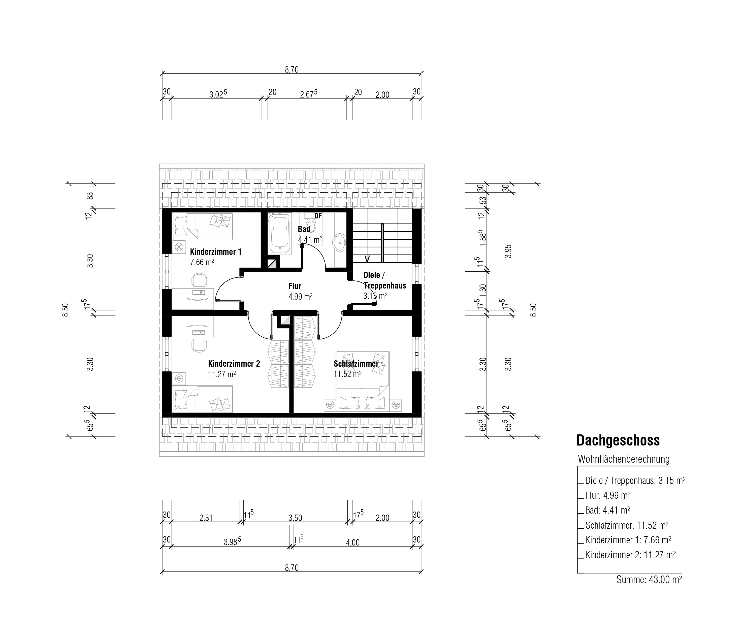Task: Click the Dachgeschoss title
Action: click(618, 440)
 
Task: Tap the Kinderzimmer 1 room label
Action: click(216, 252)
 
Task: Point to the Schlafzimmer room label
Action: click(356, 363)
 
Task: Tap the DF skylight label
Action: click(318, 216)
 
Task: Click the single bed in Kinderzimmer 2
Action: click(202, 399)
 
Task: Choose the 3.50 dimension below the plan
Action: click(296, 518)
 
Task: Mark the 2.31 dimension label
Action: click(206, 518)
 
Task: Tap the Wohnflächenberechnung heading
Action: click(624, 459)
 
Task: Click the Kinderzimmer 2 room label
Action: click(234, 363)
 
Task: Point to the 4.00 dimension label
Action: click(353, 543)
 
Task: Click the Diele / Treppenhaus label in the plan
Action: click(385, 280)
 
